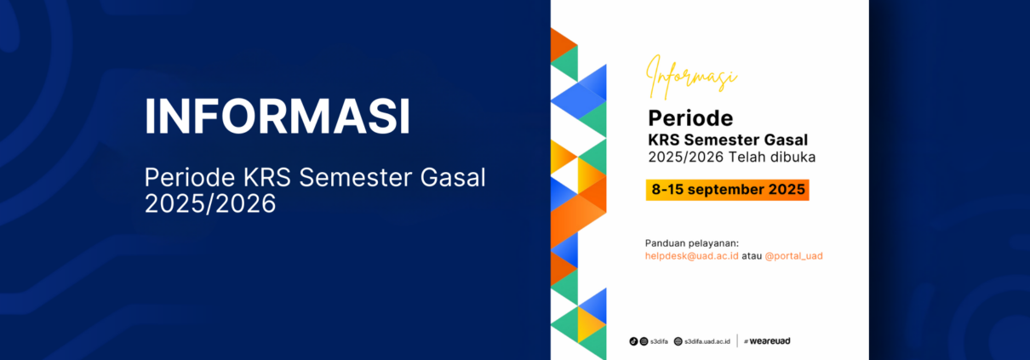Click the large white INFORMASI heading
278,116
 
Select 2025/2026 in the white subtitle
210,203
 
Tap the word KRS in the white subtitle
267,178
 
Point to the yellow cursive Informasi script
691,77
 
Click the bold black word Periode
690,118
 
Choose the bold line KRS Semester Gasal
728,140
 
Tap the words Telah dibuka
772,157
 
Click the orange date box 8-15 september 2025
728,190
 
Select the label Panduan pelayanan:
692,243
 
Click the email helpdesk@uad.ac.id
691,256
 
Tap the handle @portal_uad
793,256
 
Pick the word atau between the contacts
752,256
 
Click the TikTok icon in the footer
633,341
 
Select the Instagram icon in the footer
644,341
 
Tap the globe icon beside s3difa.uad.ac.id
678,341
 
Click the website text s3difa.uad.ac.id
707,341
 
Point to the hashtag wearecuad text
767,341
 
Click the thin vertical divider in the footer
737,340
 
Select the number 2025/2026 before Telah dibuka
686,157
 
